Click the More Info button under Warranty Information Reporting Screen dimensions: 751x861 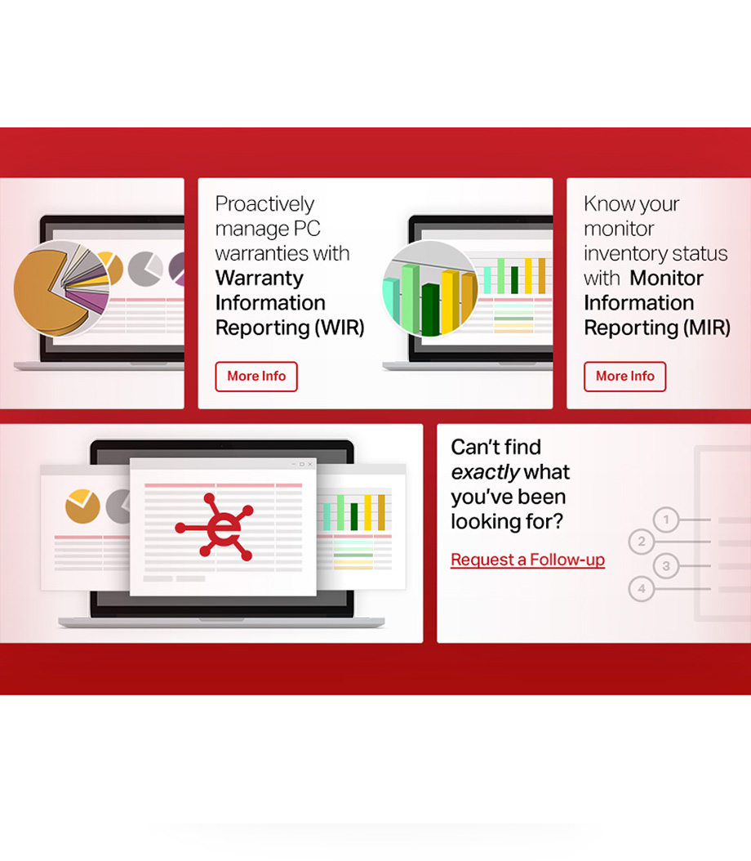pyautogui.click(x=256, y=376)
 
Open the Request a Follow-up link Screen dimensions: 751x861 pyautogui.click(x=527, y=560)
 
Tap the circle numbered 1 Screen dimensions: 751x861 pyautogui.click(x=666, y=520)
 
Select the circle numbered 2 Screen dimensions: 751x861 pyautogui.click(x=642, y=542)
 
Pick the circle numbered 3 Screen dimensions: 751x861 pyautogui.click(x=666, y=565)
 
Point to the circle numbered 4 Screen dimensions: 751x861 pyautogui.click(x=642, y=589)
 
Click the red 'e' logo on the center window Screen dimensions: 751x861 pyautogui.click(x=215, y=527)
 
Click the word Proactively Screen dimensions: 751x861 pyautogui.click(x=264, y=204)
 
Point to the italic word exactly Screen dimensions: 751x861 pyautogui.click(x=485, y=472)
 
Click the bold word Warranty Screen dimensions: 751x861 pyautogui.click(x=259, y=279)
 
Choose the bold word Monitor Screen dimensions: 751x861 pyautogui.click(x=667, y=279)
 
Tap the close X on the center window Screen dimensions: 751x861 pyautogui.click(x=310, y=464)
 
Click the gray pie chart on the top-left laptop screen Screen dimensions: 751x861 pyautogui.click(x=144, y=269)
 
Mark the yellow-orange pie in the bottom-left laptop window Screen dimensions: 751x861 pyautogui.click(x=82, y=506)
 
